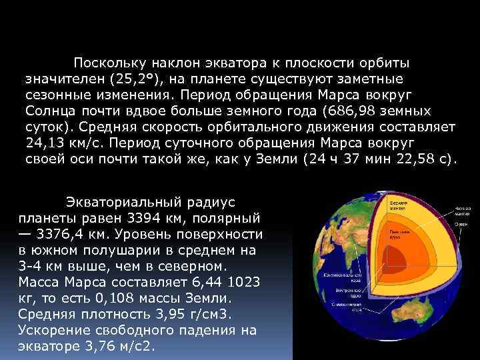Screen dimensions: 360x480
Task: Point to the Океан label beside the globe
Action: tap(461, 225)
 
